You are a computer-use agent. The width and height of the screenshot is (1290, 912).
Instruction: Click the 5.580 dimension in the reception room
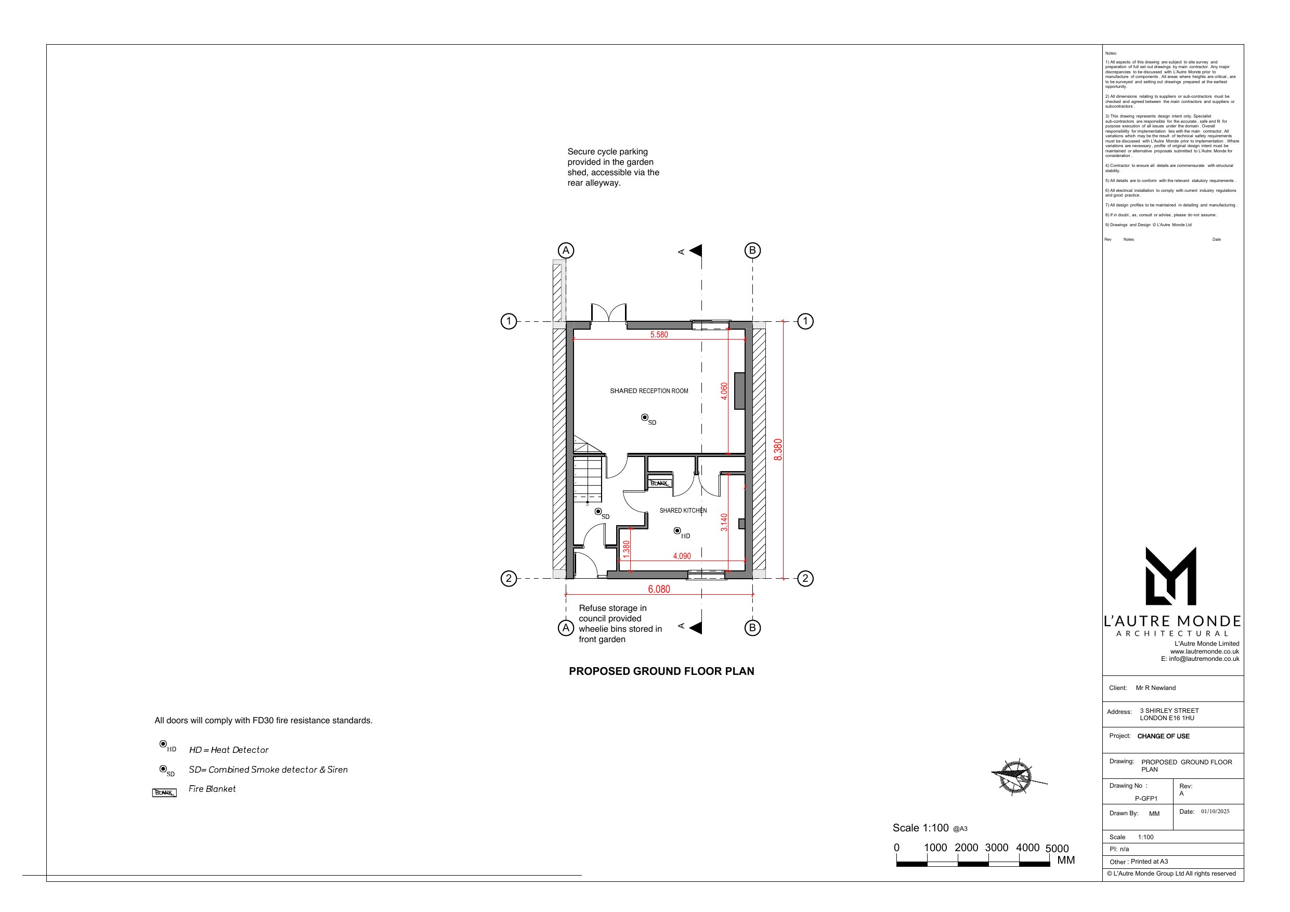(659, 334)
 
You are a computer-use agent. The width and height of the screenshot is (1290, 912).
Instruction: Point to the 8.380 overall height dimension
(778, 450)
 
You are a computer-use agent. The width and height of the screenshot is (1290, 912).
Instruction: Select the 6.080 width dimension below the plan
(659, 589)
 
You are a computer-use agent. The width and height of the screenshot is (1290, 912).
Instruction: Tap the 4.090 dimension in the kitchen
(682, 556)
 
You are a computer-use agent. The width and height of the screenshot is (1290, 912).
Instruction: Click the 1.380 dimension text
(627, 549)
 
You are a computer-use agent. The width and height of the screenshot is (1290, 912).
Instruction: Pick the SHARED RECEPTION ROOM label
(649, 391)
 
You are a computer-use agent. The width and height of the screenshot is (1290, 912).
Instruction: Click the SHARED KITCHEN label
(683, 510)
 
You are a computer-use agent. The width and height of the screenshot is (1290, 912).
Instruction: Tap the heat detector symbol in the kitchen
(677, 530)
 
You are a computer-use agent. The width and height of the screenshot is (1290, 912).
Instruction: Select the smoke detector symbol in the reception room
(644, 417)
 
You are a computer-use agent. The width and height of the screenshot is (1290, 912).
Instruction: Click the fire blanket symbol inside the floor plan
(659, 483)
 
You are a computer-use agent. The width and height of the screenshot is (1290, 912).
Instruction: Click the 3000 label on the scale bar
(996, 848)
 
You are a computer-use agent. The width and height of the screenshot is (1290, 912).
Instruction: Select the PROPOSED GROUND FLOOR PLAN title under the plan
(661, 671)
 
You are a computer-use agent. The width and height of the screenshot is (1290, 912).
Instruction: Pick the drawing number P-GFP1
(1146, 799)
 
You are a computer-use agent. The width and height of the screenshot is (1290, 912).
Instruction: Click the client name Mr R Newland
(1155, 688)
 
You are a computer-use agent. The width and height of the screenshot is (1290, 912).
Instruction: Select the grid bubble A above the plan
(566, 251)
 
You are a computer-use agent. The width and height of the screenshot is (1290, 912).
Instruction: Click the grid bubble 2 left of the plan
(509, 578)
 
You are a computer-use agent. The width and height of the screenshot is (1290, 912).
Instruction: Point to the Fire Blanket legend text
(212, 789)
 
